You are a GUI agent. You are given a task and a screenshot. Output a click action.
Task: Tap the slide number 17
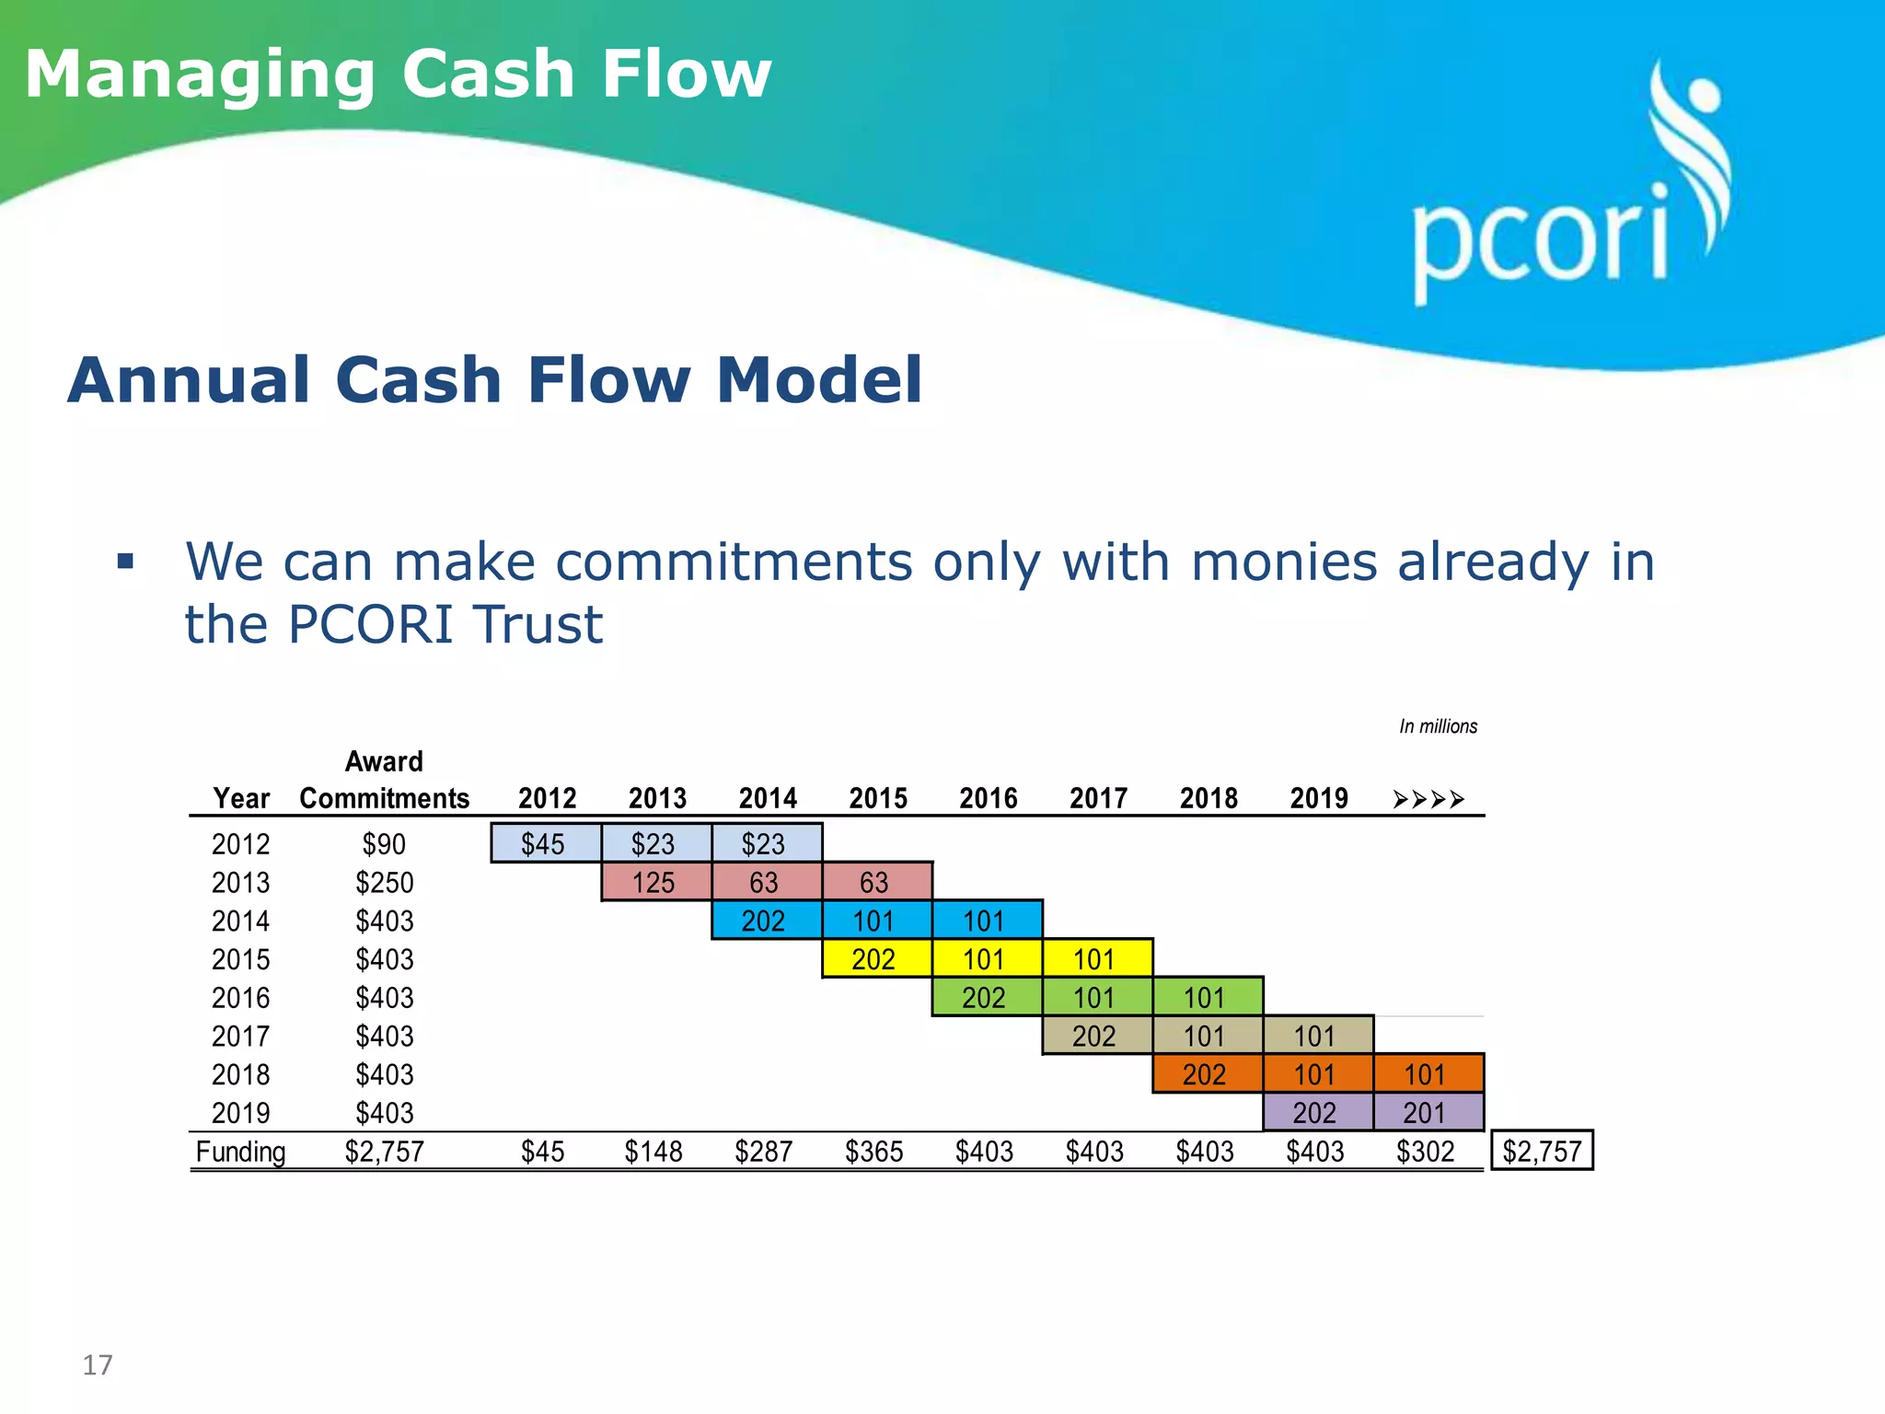pyautogui.click(x=98, y=1364)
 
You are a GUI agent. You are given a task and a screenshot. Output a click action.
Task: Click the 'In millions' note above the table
pyautogui.click(x=1438, y=726)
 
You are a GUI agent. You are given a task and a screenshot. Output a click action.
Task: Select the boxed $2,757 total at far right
pyautogui.click(x=1542, y=1151)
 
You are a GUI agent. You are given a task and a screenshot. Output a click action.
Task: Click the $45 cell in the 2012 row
pyautogui.click(x=543, y=843)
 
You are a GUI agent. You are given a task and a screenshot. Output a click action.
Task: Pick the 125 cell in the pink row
pyautogui.click(x=653, y=882)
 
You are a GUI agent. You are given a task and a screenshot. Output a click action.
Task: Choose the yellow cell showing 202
pyautogui.click(x=873, y=959)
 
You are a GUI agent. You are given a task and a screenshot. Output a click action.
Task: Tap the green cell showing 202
pyautogui.click(x=984, y=998)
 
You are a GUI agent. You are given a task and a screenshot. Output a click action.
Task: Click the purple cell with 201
pyautogui.click(x=1425, y=1113)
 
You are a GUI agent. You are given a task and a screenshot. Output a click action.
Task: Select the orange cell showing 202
pyautogui.click(x=1204, y=1074)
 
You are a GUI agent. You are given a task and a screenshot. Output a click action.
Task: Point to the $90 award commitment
pyautogui.click(x=384, y=843)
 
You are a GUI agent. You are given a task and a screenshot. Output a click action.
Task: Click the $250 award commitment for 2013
pyautogui.click(x=385, y=882)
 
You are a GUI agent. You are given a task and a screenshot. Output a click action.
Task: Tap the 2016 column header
pyautogui.click(x=989, y=798)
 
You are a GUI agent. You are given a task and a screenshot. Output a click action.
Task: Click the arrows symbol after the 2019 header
pyautogui.click(x=1428, y=799)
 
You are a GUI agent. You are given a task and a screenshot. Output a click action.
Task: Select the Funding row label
pyautogui.click(x=240, y=1152)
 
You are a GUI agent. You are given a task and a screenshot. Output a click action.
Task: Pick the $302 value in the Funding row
pyautogui.click(x=1425, y=1152)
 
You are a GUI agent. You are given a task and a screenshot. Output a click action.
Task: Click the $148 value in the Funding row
pyautogui.click(x=653, y=1152)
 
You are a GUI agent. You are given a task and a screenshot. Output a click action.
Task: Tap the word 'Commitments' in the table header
pyautogui.click(x=385, y=798)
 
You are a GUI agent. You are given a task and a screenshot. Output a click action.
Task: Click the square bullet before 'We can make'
pyautogui.click(x=126, y=561)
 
